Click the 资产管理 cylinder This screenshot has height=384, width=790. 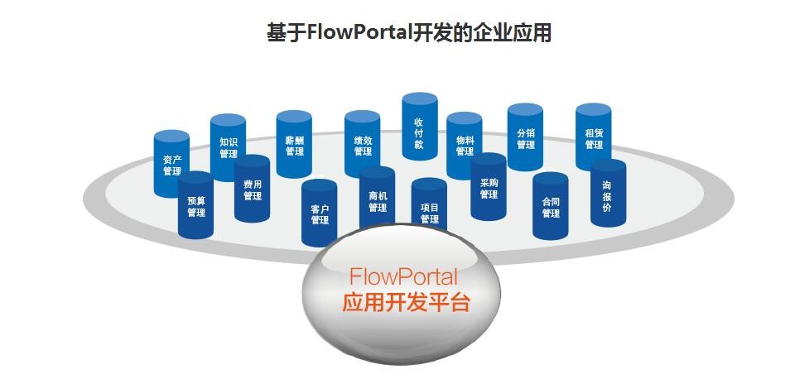pyautogui.click(x=171, y=165)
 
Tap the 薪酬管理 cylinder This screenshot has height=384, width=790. pyautogui.click(x=294, y=145)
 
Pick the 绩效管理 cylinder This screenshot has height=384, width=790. pyautogui.click(x=362, y=145)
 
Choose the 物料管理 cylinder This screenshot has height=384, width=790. pyautogui.click(x=464, y=146)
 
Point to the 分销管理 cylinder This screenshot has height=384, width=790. pyautogui.click(x=525, y=137)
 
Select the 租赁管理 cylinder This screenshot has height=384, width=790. pyautogui.click(x=593, y=137)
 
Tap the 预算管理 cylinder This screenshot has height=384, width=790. pyautogui.click(x=195, y=206)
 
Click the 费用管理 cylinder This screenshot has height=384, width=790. pyautogui.click(x=252, y=190)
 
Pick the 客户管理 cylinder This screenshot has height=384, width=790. pyautogui.click(x=320, y=214)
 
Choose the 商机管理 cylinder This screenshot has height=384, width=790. pyautogui.click(x=377, y=201)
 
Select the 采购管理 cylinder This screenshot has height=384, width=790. pyautogui.click(x=488, y=188)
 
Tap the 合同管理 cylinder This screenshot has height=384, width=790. pyautogui.click(x=550, y=206)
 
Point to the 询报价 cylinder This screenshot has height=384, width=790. pyautogui.click(x=607, y=194)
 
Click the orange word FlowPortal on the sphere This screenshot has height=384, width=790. pyautogui.click(x=403, y=276)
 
